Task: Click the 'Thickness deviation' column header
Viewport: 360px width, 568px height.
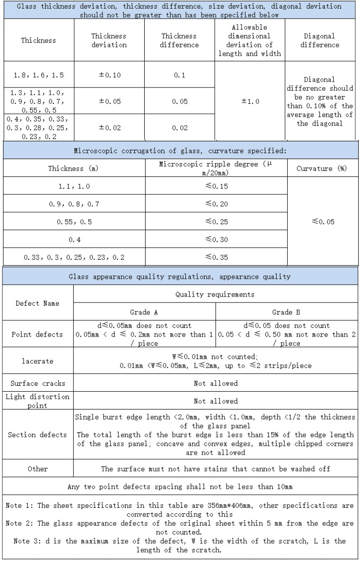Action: pos(109,40)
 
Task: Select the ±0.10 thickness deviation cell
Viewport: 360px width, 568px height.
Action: pos(110,75)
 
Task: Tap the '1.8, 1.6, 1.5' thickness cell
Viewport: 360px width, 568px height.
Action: pos(39,75)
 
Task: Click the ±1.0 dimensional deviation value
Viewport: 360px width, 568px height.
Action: pos(250,101)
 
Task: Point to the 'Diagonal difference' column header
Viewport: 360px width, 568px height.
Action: pos(320,40)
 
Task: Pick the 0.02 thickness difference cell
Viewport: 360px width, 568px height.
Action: pos(180,128)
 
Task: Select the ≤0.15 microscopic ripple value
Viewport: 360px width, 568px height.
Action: pos(216,186)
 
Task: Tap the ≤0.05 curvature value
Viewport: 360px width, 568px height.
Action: pos(323,222)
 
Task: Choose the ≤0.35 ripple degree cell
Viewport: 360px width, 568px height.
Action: pos(216,257)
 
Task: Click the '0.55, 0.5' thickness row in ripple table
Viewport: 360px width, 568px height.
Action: pos(74,222)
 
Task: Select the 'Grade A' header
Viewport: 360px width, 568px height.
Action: pos(144,312)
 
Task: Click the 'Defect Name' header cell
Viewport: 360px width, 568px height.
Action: pos(37,303)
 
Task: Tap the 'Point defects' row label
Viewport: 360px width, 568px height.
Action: pos(37,334)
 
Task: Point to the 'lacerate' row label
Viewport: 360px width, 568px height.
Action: pos(37,361)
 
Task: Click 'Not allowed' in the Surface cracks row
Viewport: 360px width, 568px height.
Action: pos(216,384)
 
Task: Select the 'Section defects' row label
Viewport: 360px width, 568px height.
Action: pos(37,435)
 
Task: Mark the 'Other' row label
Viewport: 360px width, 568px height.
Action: pos(37,469)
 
